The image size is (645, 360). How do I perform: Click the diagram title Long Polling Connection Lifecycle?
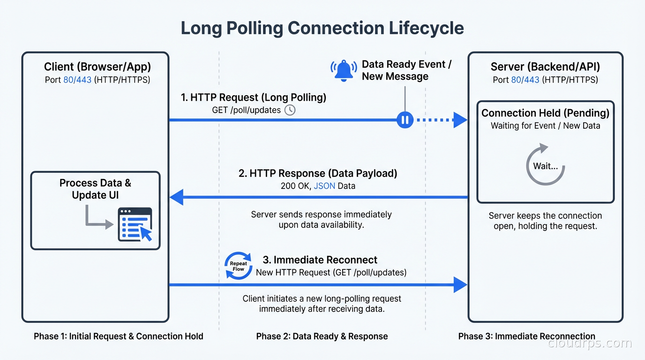[x=322, y=28]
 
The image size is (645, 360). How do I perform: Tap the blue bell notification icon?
[x=344, y=70]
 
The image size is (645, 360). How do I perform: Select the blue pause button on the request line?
[x=405, y=120]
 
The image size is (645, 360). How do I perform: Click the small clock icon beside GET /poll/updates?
[x=290, y=110]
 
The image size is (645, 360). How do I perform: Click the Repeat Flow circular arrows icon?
[x=238, y=266]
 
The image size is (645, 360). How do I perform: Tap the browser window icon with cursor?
[x=135, y=225]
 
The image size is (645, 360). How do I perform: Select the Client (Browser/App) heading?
[x=97, y=67]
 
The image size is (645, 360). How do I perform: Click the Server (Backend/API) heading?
[x=545, y=67]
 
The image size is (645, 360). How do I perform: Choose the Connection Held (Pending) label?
[x=545, y=113]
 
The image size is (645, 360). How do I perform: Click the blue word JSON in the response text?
[x=324, y=186]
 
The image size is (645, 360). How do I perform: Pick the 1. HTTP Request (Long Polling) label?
[x=254, y=97]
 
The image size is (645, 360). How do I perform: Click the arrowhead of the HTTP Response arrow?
[x=177, y=198]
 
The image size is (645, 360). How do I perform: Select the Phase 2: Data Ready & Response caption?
[x=322, y=336]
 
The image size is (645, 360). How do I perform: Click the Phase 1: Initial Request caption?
[x=119, y=336]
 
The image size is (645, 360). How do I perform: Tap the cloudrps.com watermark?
[x=590, y=344]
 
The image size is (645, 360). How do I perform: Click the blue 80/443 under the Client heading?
[x=77, y=80]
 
